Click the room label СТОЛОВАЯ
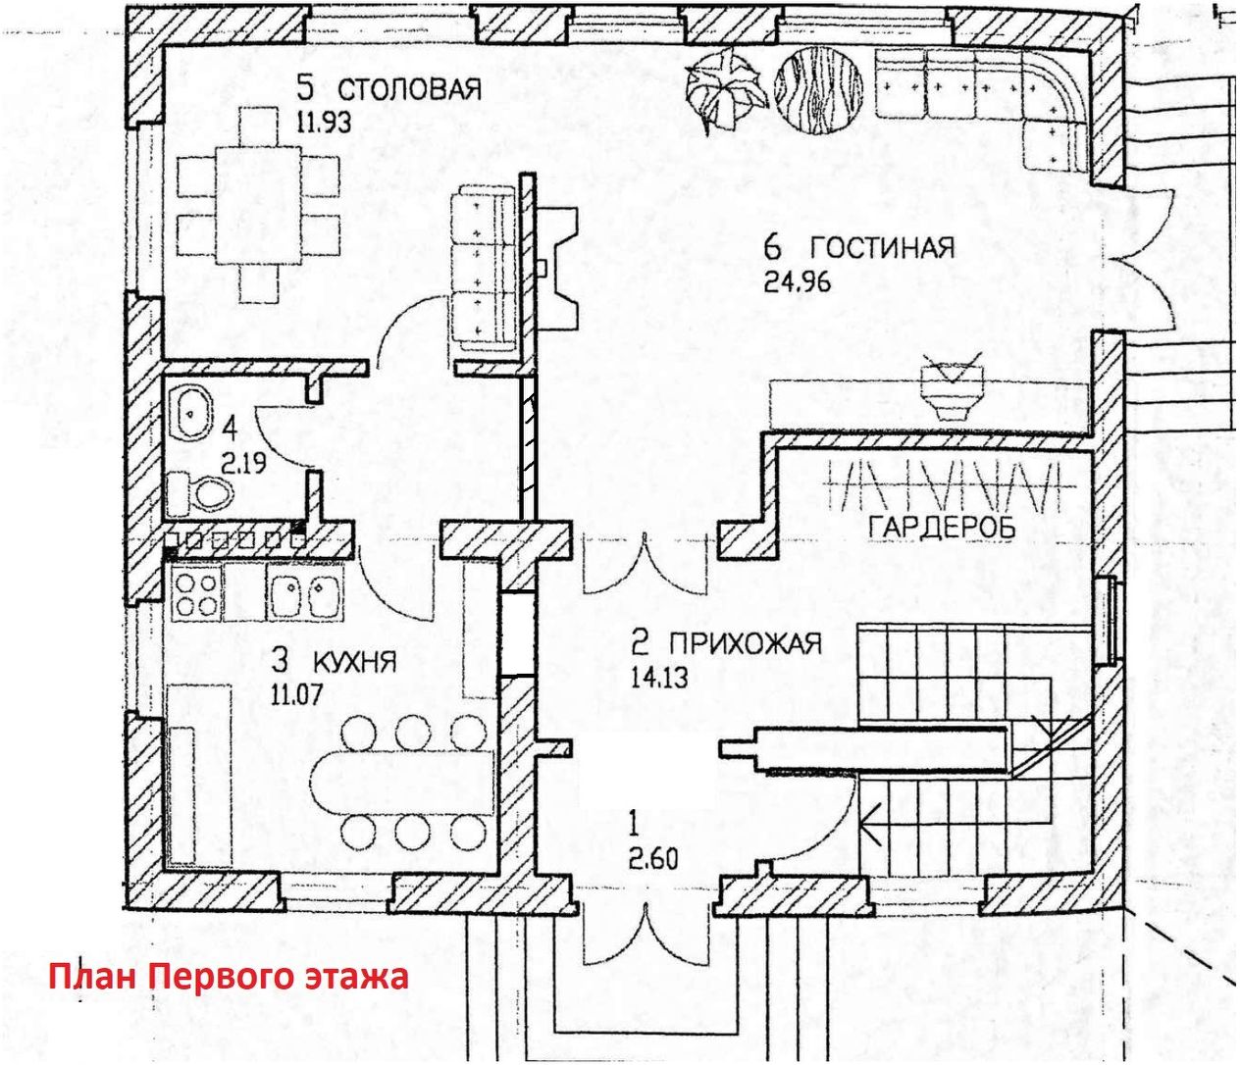[410, 89]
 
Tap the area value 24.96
[797, 282]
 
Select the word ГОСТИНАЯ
[882, 247]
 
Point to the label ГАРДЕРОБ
[942, 528]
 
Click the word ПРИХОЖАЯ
[745, 644]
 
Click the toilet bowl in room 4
[201, 492]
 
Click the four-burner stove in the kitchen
[195, 594]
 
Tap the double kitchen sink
[305, 594]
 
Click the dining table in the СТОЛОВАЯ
[258, 205]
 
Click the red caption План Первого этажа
[228, 978]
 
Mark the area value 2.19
[241, 462]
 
